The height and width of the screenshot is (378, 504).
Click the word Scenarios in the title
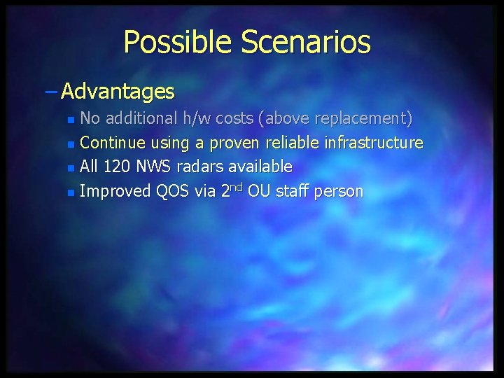click(x=306, y=42)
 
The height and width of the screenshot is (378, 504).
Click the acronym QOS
click(x=174, y=191)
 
